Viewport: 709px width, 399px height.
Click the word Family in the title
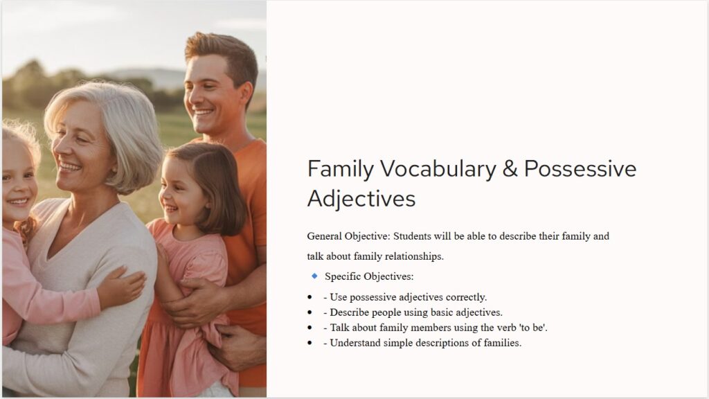[341, 170]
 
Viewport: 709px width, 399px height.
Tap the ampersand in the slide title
[510, 169]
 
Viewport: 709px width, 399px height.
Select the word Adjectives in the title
[361, 199]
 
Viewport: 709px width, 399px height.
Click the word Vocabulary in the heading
[438, 170]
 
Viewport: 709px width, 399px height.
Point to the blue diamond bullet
[315, 276]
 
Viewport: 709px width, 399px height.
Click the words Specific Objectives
[369, 276]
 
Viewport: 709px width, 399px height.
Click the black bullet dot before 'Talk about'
[309, 328]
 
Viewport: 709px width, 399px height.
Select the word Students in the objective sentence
[412, 236]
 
